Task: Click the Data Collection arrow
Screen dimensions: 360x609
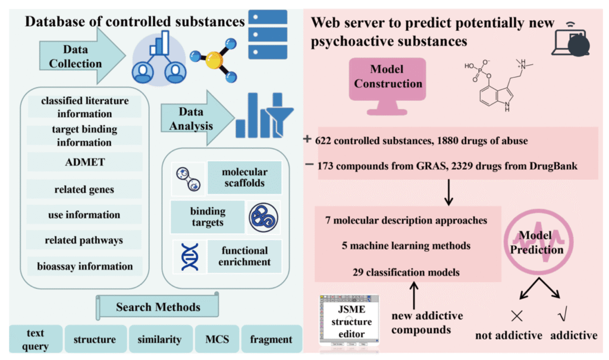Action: point(80,55)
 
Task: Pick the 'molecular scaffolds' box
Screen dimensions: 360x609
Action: point(244,177)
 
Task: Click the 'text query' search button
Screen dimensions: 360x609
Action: point(35,339)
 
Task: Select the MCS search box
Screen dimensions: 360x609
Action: point(217,339)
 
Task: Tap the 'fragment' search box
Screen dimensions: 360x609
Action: point(271,339)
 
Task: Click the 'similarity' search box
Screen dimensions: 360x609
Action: point(160,339)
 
